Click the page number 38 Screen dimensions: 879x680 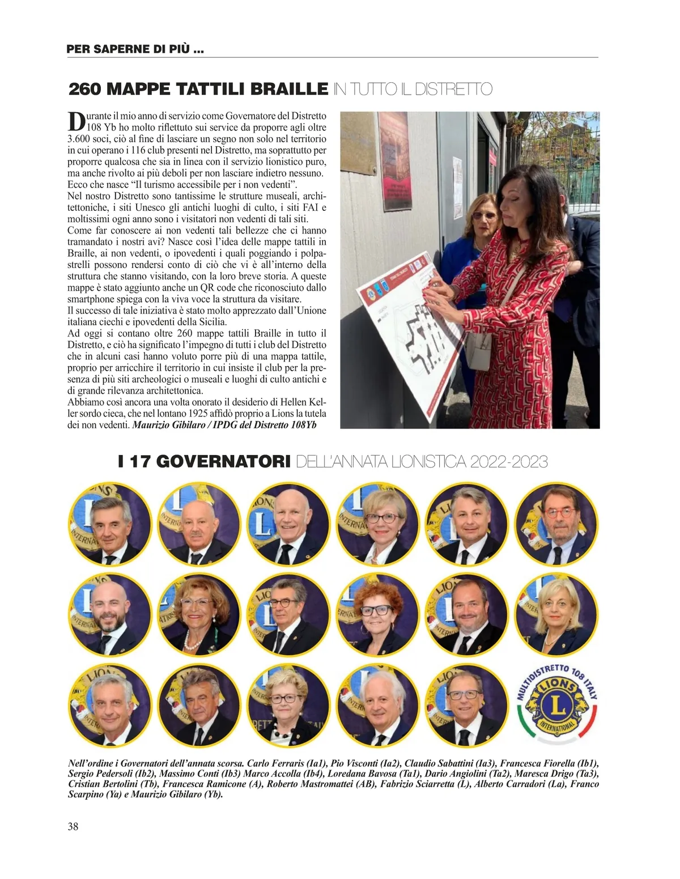tap(73, 826)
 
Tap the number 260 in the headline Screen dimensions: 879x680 tap(85, 89)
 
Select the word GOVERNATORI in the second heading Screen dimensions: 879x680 tap(222, 462)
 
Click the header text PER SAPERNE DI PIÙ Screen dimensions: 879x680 tap(135, 49)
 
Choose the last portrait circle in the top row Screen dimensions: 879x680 tap(556, 524)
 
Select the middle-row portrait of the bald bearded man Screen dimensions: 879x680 tap(110, 615)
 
